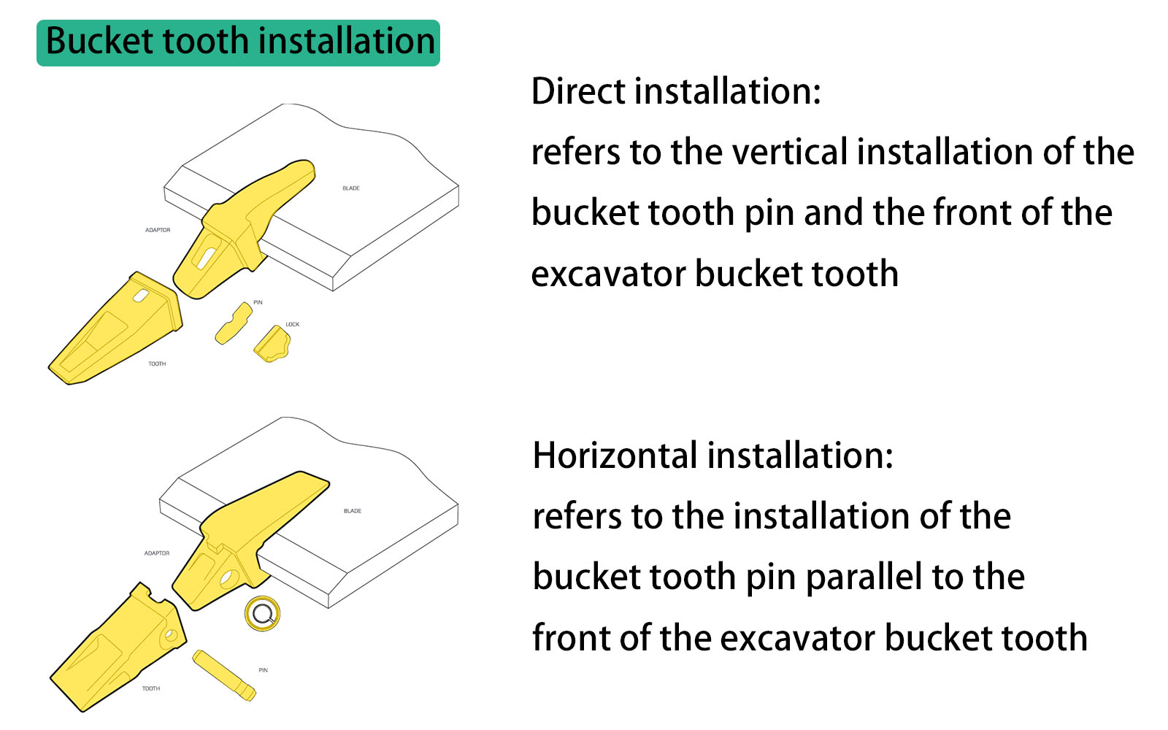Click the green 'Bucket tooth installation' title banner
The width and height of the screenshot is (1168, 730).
click(x=239, y=42)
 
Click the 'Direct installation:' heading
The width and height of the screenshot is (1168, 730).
click(x=676, y=92)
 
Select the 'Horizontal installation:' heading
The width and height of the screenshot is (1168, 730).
click(x=712, y=456)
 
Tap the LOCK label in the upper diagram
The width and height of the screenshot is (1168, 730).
click(x=292, y=325)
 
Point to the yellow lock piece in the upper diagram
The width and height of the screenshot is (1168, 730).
click(x=272, y=344)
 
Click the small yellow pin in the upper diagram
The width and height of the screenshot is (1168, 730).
click(x=234, y=323)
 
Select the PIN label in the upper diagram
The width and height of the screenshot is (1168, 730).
click(x=258, y=302)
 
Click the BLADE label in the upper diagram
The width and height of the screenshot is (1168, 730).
click(x=351, y=188)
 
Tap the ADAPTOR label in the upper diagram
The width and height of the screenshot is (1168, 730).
click(x=158, y=230)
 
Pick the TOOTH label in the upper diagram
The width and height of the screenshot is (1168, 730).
click(x=157, y=364)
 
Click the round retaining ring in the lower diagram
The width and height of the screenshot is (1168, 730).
click(x=262, y=613)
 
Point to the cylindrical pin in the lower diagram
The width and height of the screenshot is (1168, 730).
click(x=224, y=675)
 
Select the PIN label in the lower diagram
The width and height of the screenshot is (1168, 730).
click(x=263, y=670)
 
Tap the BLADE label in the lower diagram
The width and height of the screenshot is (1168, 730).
click(x=353, y=511)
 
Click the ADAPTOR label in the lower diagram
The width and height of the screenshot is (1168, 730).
click(x=157, y=553)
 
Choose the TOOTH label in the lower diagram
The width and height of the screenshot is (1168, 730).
click(x=151, y=688)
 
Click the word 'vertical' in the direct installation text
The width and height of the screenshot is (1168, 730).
click(x=790, y=153)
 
